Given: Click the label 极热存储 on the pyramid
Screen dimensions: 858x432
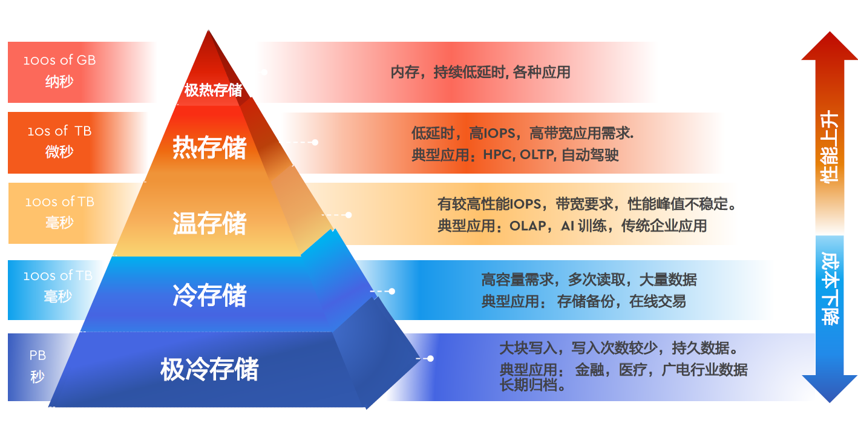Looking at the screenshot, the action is (x=214, y=90).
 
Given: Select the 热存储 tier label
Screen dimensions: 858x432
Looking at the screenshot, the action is (x=209, y=148).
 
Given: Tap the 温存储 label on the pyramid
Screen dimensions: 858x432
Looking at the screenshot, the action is (x=209, y=223).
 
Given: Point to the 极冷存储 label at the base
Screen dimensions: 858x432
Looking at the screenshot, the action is (x=209, y=369).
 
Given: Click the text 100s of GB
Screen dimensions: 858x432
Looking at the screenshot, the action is (x=59, y=60).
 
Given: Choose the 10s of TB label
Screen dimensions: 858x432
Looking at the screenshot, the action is (x=59, y=131).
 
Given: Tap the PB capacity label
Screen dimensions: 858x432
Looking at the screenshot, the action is (x=38, y=355).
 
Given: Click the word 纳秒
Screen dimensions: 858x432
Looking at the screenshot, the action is (x=59, y=81).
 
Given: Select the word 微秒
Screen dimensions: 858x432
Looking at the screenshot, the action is (x=59, y=152).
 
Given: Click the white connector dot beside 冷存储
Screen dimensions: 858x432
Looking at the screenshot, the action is (x=392, y=292).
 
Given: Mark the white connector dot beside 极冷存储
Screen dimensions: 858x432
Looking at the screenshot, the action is (x=431, y=358).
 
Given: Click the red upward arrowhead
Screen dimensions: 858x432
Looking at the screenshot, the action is (x=830, y=46).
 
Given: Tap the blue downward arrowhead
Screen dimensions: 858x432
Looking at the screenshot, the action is (x=830, y=388).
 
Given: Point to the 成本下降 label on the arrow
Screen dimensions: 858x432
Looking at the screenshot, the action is (x=830, y=289).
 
